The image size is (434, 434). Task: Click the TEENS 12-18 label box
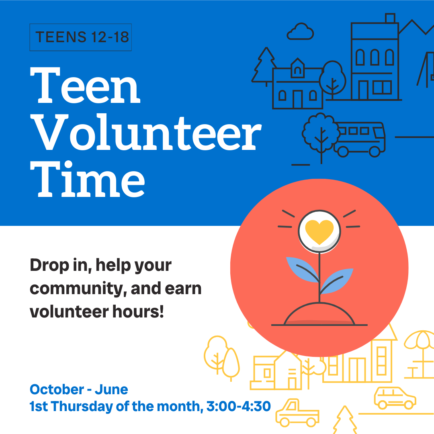point(81,37)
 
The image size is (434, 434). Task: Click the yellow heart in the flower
point(319,231)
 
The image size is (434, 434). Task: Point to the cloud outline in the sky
point(301,32)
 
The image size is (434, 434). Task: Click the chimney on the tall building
point(390,18)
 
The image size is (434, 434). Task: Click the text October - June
point(79,389)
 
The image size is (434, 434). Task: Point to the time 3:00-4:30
point(238,406)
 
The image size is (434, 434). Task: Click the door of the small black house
point(297,99)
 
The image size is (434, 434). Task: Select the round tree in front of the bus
point(321,131)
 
